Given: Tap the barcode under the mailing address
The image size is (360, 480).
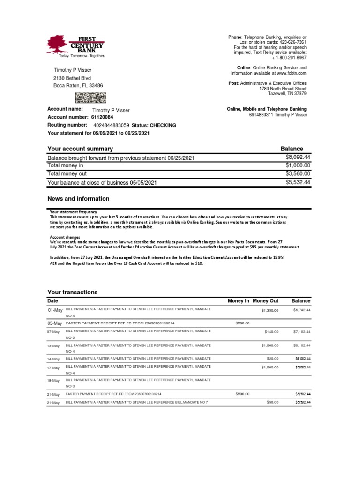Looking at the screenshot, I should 90,97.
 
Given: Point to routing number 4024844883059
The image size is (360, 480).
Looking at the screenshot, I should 112,125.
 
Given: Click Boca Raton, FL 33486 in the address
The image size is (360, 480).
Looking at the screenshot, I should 78,86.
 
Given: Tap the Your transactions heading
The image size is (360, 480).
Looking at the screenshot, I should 73,292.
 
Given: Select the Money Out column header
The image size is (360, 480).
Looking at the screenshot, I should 265,300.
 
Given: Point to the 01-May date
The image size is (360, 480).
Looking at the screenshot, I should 55,310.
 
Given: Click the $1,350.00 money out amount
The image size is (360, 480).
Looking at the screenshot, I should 270,310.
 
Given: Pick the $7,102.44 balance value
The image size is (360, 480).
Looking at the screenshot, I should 302,332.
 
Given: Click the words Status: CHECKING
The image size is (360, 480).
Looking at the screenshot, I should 154,125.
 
